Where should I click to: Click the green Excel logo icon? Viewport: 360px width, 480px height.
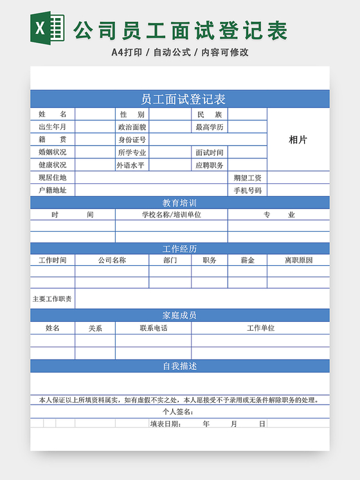click(48, 28)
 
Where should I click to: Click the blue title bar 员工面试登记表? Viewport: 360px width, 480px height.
click(180, 99)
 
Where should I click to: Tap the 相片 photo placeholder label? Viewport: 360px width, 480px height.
click(298, 140)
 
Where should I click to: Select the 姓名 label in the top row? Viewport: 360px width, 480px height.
click(52, 115)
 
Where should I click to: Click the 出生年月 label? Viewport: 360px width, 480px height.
click(52, 127)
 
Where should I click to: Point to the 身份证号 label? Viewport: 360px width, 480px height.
click(132, 140)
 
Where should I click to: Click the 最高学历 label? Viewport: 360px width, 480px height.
click(210, 127)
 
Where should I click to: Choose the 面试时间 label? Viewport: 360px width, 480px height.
click(210, 152)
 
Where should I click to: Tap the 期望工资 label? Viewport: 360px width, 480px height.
click(248, 178)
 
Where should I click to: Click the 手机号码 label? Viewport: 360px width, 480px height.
click(248, 190)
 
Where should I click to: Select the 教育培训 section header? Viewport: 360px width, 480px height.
click(180, 203)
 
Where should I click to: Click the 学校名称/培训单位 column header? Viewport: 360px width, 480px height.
click(172, 215)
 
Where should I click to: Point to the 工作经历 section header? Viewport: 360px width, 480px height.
click(180, 248)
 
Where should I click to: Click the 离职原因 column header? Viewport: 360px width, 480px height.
click(298, 261)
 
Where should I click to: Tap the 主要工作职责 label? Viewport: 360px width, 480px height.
click(52, 299)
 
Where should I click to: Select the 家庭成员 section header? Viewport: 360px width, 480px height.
click(180, 315)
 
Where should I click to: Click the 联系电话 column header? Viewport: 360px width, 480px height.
click(154, 328)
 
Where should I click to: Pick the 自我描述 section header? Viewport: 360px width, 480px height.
click(180, 366)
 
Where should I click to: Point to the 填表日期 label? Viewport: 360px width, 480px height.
click(166, 424)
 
